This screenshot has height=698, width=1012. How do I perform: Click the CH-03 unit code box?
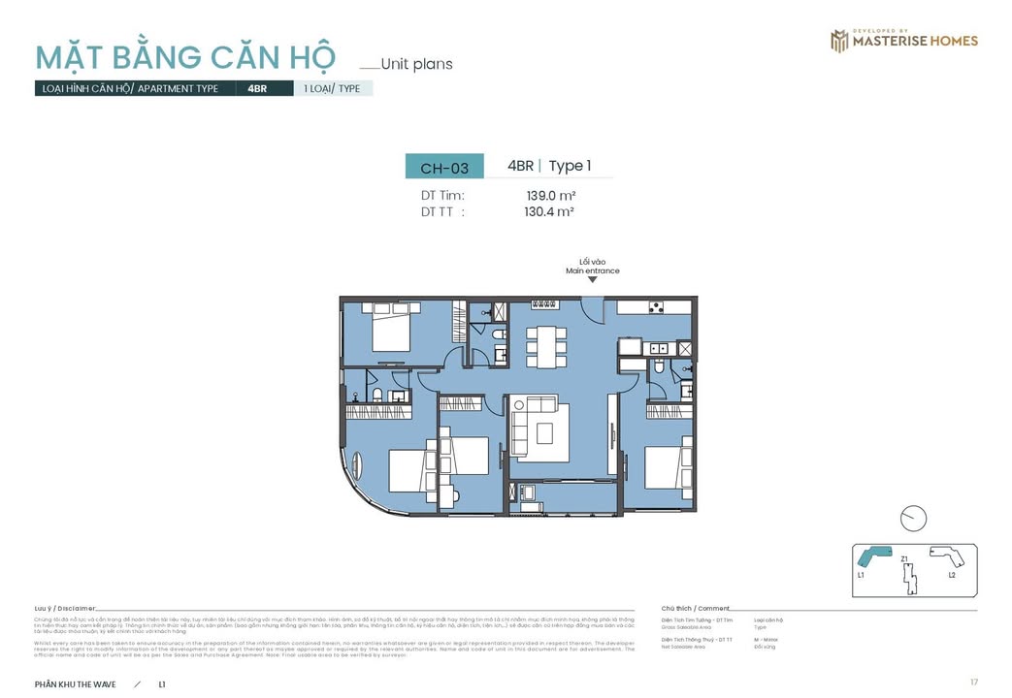(443, 168)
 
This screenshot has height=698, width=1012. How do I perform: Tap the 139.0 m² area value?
(549, 195)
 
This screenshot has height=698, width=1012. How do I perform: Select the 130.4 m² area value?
(549, 211)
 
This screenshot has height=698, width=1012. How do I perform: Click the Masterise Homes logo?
(903, 41)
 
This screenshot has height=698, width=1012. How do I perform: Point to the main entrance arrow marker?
(592, 280)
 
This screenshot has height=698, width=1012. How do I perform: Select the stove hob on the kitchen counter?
(656, 308)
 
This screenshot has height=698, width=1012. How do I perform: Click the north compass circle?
(913, 519)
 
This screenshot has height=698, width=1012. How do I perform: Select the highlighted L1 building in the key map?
(871, 558)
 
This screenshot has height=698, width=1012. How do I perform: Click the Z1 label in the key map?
(904, 559)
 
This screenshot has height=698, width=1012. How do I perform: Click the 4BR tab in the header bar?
(257, 88)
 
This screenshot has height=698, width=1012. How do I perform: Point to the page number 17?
(973, 682)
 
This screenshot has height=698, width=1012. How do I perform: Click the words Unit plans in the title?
(416, 65)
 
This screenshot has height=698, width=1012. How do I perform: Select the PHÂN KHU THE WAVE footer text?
(75, 684)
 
